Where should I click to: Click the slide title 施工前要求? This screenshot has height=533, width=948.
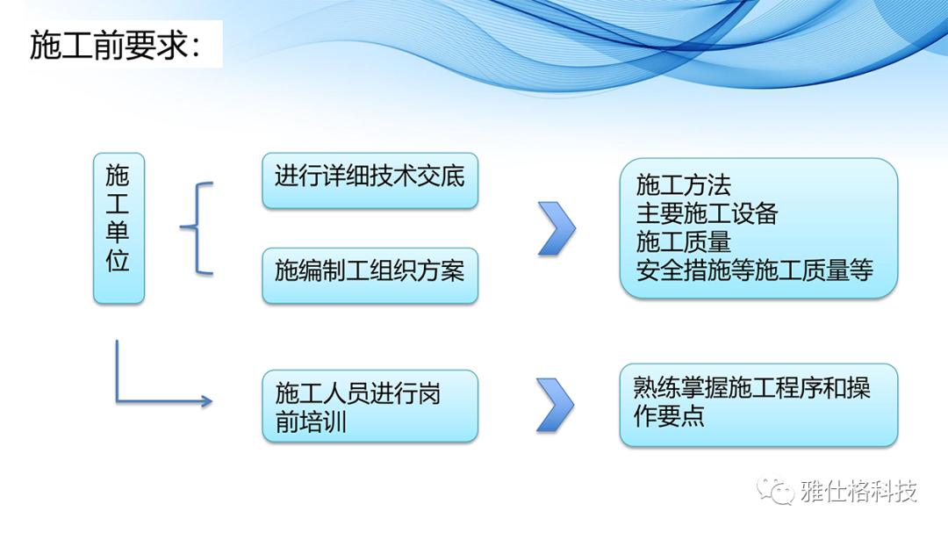click(114, 45)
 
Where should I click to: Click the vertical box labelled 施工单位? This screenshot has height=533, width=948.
click(119, 228)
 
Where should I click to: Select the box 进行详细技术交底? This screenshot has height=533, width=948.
click(370, 181)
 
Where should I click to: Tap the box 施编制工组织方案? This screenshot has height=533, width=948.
click(370, 275)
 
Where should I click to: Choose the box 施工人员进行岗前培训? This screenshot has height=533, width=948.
click(370, 406)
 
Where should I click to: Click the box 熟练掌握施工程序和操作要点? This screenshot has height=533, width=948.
click(758, 406)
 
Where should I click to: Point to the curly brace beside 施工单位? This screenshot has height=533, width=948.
click(197, 228)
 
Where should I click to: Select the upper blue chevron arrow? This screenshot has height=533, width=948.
click(557, 228)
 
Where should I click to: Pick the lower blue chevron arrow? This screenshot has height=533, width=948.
click(555, 405)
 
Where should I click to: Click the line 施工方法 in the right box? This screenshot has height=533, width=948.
click(683, 185)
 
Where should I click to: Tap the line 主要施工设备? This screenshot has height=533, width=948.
click(707, 213)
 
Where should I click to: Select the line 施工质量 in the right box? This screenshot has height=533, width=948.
click(683, 242)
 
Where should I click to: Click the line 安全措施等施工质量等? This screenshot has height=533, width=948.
click(755, 270)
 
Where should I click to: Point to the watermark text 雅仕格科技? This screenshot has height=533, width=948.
click(858, 491)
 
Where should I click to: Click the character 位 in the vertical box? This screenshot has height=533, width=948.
click(118, 261)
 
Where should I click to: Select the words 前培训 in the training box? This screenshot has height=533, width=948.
click(311, 421)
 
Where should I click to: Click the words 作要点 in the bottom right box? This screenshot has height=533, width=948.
click(669, 416)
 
